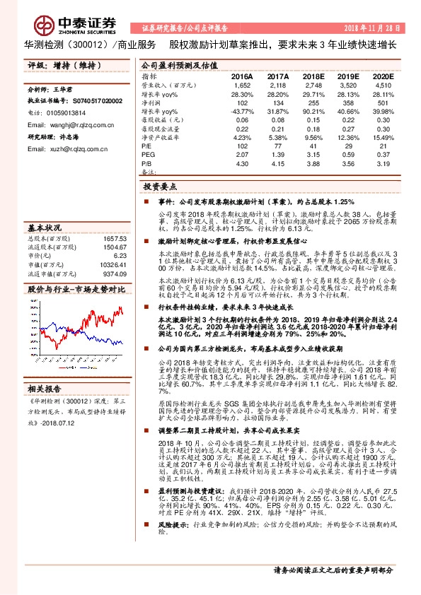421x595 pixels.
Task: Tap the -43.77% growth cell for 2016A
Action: (x=242, y=112)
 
